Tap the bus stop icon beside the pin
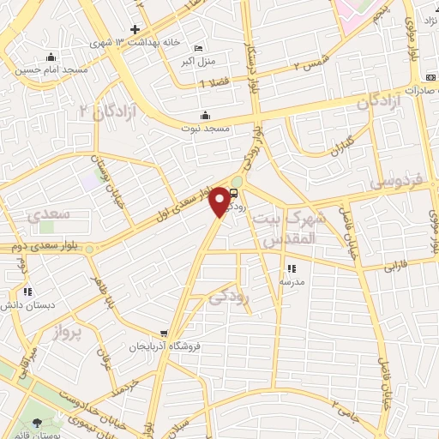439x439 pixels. (237, 194)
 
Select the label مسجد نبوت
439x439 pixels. (205, 129)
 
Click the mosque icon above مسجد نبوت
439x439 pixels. (205, 116)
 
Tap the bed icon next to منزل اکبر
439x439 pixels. (199, 48)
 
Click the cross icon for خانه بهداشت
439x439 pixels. (135, 29)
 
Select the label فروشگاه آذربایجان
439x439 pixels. (164, 347)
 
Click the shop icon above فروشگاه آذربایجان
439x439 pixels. (164, 334)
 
